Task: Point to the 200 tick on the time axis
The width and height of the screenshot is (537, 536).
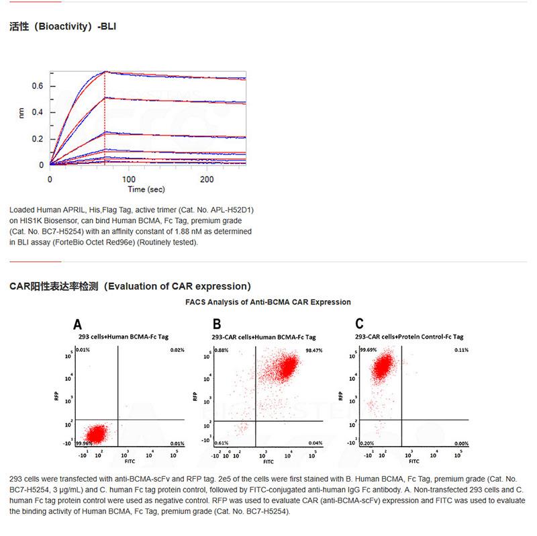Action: coord(207,179)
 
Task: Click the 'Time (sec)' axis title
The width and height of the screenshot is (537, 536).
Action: coord(147,190)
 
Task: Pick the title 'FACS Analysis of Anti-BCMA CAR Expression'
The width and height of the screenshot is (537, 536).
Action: coord(268,302)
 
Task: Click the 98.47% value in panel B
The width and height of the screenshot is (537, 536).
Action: coord(324,351)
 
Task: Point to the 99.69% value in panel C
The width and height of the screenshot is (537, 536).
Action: coord(368,351)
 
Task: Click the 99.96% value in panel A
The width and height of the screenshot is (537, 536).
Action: coord(84,444)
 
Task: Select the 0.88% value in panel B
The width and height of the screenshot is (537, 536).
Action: coord(222,351)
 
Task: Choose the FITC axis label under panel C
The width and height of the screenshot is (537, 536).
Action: coord(413,462)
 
